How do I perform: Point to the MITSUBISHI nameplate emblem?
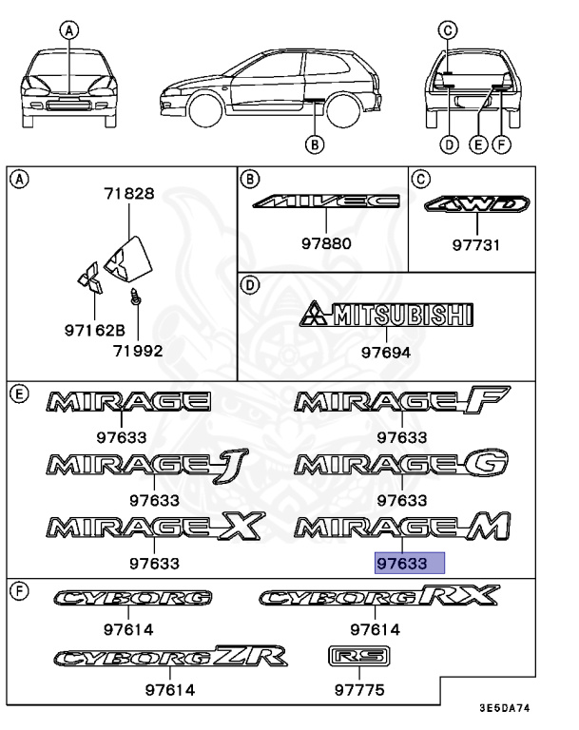click(x=386, y=316)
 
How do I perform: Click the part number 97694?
click(x=386, y=352)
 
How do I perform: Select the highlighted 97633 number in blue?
click(x=409, y=563)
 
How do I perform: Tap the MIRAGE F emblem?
click(x=402, y=403)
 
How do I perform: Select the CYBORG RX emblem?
click(x=378, y=596)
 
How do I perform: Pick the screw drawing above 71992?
click(x=136, y=298)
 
